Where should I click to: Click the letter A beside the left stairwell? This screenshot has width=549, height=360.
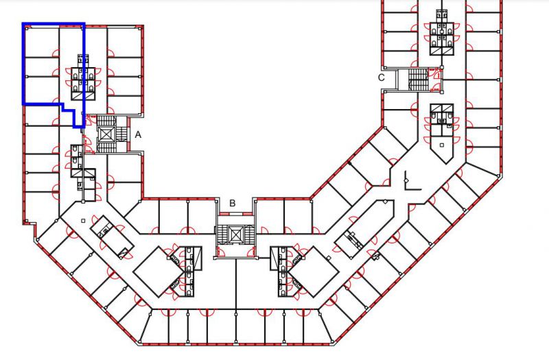point(138,134)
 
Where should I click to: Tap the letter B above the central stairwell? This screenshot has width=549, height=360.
point(233,203)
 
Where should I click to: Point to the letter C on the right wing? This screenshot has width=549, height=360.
point(382,77)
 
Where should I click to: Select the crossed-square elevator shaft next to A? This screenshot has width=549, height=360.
point(106,134)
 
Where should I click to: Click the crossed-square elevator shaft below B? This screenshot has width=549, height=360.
point(235,233)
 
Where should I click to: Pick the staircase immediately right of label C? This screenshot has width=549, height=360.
point(419,80)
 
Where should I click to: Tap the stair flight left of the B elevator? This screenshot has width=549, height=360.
point(222,233)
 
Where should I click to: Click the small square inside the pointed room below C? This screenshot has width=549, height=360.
point(442,145)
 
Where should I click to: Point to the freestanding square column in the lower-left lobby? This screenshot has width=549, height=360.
point(83,221)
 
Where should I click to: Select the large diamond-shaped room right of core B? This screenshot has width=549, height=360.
point(313,272)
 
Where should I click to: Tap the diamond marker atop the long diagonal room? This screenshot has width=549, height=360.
point(385,202)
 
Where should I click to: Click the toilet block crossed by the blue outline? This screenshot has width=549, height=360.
point(83,77)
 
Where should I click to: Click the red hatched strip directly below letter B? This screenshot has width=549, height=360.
point(235,213)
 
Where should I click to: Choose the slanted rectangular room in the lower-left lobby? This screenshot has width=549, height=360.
point(112,237)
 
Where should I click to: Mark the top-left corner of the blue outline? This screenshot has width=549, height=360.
point(23,24)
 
